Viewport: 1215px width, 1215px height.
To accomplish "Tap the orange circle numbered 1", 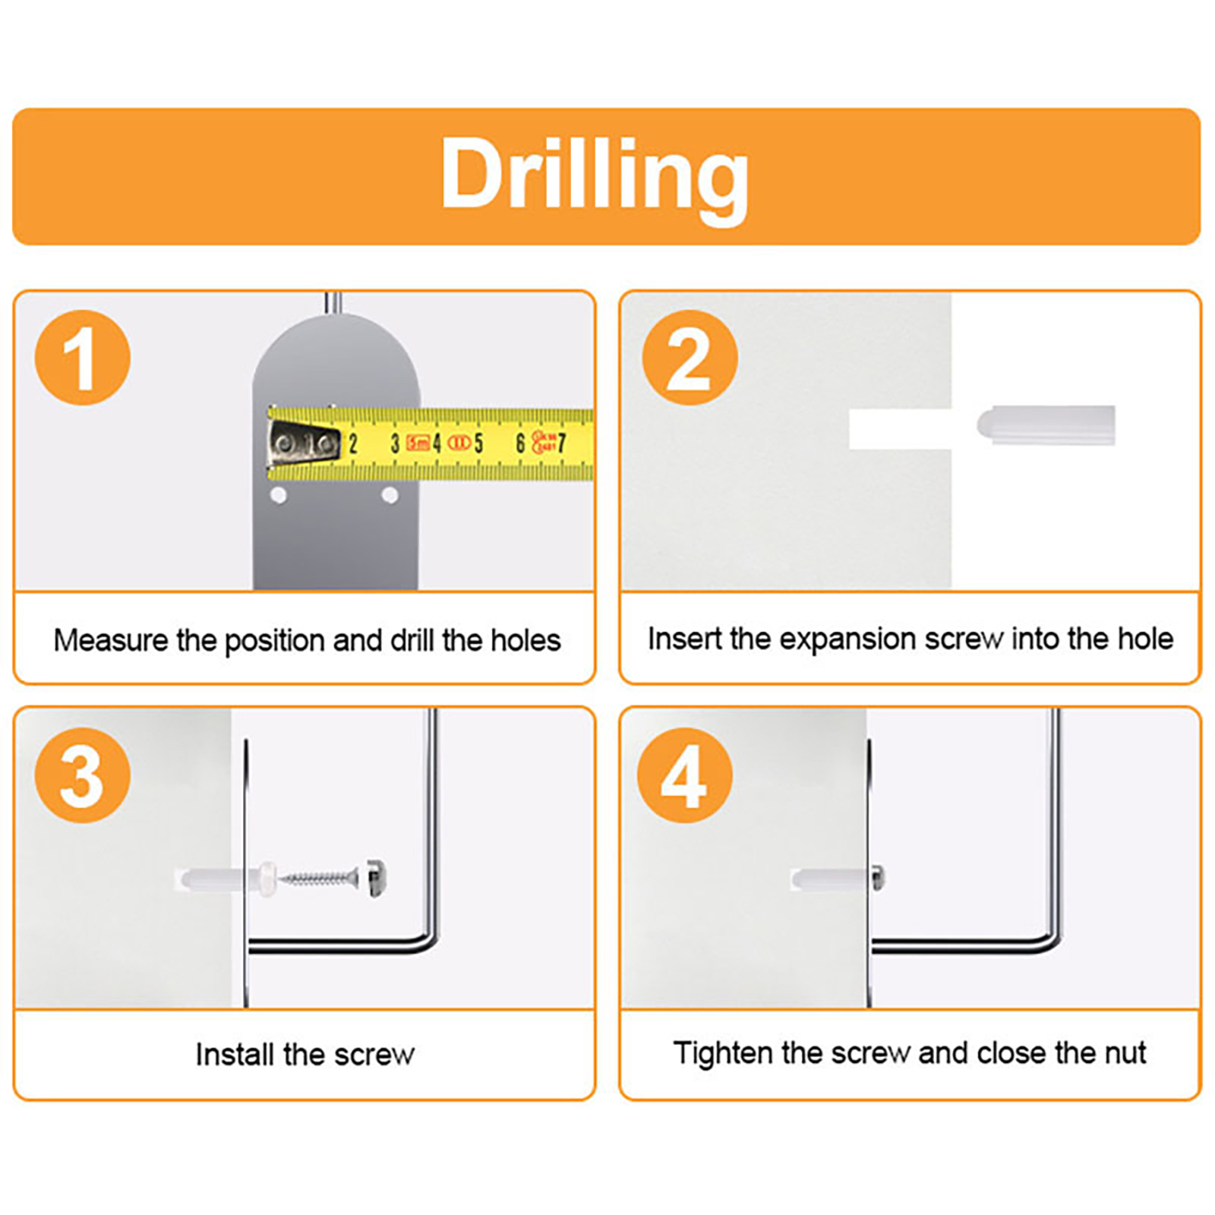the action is pos(83,358).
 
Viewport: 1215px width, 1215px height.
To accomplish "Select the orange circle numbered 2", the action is pos(690,358).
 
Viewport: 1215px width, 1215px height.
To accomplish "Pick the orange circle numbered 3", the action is pos(83,775).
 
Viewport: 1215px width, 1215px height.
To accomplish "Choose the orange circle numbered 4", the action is pos(685,775).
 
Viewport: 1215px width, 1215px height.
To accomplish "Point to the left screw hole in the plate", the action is pos(279,496).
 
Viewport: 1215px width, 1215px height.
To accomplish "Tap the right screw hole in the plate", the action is pos(390,496).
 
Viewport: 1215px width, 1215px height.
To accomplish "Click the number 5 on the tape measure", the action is pos(478,443).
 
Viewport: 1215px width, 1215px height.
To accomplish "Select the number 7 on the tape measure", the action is pos(561,443).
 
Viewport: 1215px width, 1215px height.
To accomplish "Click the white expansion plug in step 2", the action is pos(1046,425).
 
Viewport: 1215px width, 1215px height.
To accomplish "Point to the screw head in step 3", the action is pos(376,879).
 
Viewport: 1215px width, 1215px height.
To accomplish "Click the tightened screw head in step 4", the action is pos(878,879).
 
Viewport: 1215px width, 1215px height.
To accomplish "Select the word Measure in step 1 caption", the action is pos(111,640).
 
